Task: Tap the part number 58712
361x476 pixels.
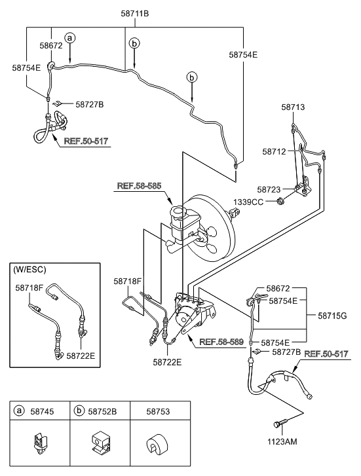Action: click(276, 151)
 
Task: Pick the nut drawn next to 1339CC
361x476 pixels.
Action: click(281, 201)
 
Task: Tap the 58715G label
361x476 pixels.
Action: click(334, 315)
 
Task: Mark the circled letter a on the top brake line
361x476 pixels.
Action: click(70, 39)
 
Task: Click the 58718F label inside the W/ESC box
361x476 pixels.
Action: click(29, 287)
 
